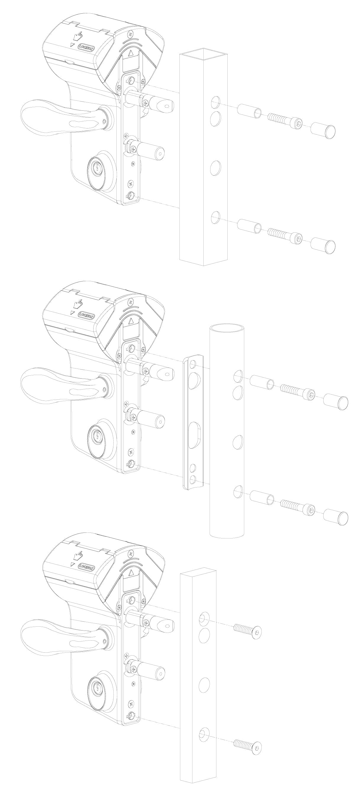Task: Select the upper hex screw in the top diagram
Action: click(284, 121)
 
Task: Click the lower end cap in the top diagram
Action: click(322, 245)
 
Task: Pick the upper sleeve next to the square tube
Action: click(250, 111)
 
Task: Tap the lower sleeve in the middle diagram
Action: click(261, 498)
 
